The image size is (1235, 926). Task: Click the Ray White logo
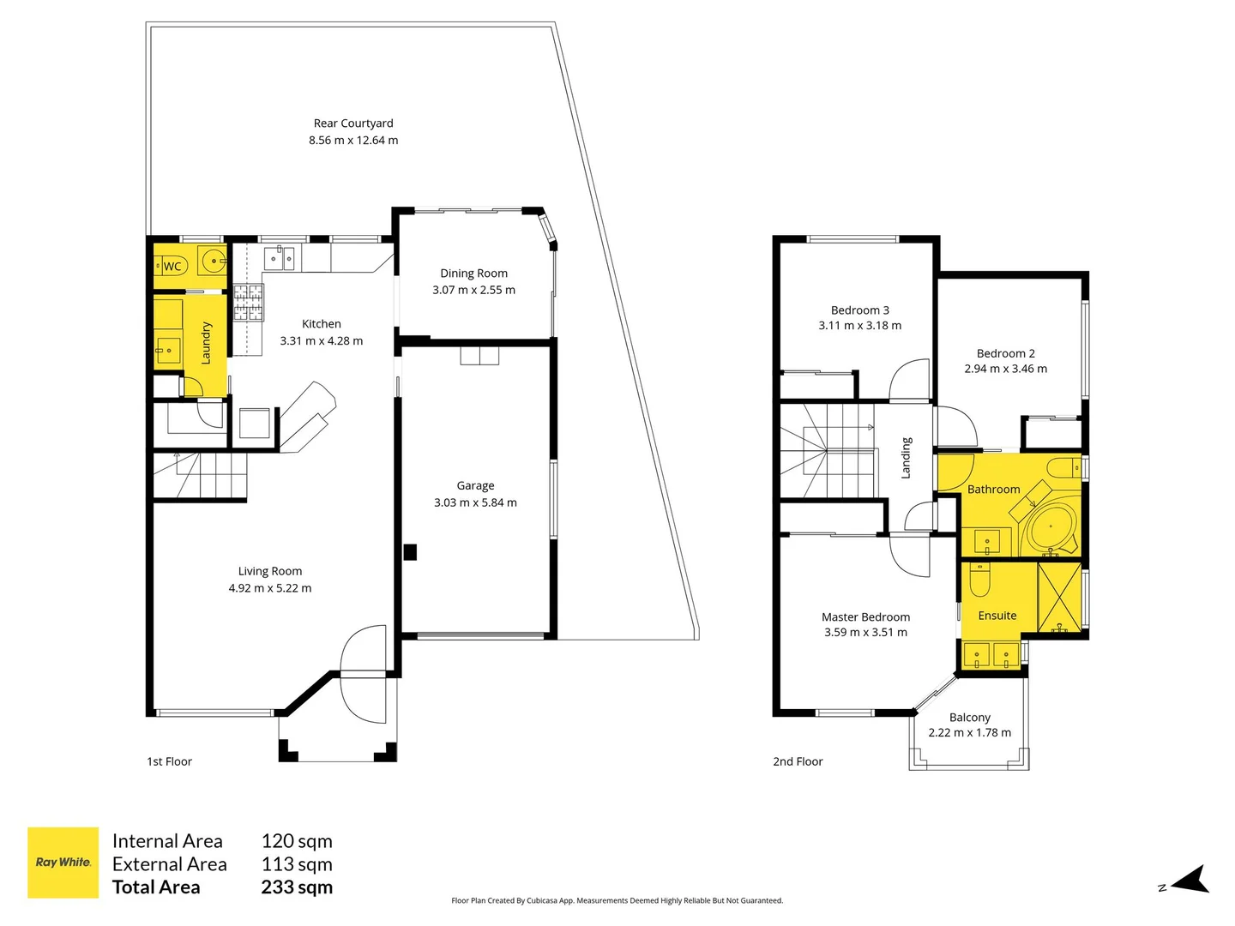click(x=63, y=862)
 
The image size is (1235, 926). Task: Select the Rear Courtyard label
click(x=353, y=123)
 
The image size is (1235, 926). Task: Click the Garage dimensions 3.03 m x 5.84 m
click(x=475, y=502)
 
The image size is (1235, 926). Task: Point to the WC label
click(x=172, y=267)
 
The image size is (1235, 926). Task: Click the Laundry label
click(x=206, y=343)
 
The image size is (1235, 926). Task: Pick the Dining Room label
click(x=473, y=274)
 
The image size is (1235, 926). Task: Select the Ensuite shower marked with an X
click(x=1059, y=598)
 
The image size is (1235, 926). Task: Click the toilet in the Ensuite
click(x=979, y=579)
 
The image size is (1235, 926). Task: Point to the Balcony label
click(x=970, y=718)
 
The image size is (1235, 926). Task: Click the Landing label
click(x=906, y=458)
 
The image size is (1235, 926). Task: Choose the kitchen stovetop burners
click(x=248, y=303)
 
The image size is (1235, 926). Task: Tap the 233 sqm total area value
click(x=297, y=887)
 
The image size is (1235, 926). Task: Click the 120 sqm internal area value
click(x=297, y=841)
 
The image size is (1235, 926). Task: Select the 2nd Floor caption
click(x=798, y=761)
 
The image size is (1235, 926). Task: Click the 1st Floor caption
click(x=169, y=761)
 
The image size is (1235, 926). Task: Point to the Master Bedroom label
click(x=866, y=616)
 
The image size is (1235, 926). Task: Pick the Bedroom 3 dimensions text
click(x=859, y=326)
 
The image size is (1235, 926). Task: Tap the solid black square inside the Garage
click(x=410, y=552)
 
